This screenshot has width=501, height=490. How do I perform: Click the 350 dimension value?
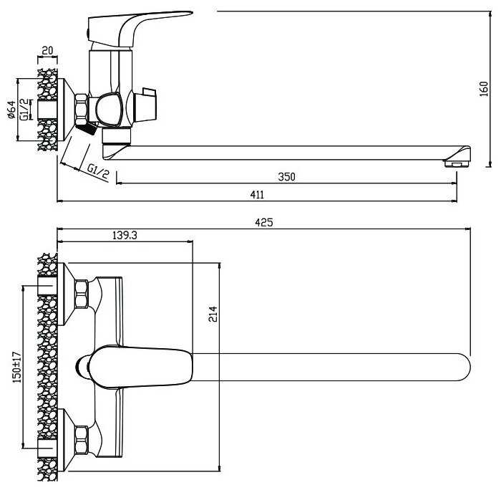[x=286, y=177]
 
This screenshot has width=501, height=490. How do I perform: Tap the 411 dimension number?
[x=257, y=195]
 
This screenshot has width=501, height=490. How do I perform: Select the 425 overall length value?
[x=264, y=222]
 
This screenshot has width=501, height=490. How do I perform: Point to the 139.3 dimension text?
[x=125, y=236]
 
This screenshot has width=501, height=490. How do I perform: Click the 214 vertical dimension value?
[x=213, y=314]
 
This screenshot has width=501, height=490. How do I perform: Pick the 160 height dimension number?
[x=484, y=89]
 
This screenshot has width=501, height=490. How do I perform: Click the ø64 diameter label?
[x=11, y=110]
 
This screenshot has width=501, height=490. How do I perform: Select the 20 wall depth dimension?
[x=47, y=51]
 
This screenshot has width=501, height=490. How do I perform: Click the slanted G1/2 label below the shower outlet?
[x=99, y=172]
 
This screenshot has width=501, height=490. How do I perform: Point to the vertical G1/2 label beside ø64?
[x=24, y=110]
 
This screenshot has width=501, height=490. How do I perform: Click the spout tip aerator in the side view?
[x=457, y=164]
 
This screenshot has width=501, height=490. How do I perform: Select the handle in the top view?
[x=140, y=367]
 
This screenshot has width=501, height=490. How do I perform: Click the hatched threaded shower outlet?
[x=86, y=128]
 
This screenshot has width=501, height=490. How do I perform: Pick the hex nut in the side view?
[x=82, y=108]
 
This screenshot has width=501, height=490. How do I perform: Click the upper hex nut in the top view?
[x=82, y=294]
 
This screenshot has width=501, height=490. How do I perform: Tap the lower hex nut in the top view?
[x=82, y=440]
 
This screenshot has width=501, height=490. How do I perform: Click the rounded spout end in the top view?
[x=463, y=367]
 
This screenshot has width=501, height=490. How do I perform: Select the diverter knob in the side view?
[x=110, y=109]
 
